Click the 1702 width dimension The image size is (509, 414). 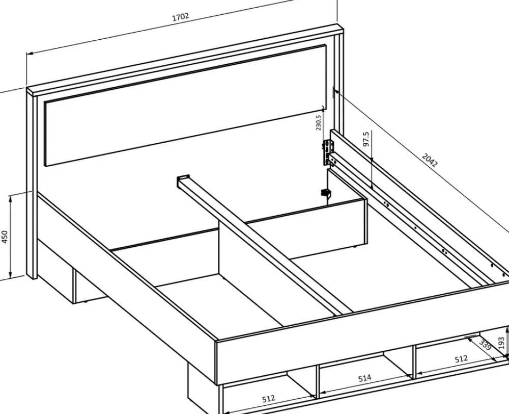pos(181,17)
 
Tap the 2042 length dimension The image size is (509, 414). pos(430,160)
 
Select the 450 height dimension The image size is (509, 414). pos(5,237)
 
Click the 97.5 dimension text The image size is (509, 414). pos(366,139)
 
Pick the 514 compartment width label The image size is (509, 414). pos(364,378)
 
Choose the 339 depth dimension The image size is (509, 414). pos(485,345)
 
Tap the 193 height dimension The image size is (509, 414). pos(501,344)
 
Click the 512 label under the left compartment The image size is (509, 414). pos(268,398)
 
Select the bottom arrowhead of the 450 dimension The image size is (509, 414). pos(11,275)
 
